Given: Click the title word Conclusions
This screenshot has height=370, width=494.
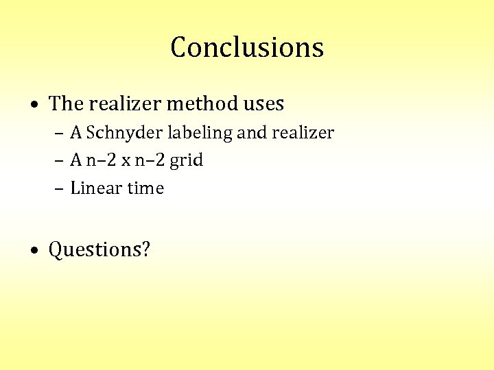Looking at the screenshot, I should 247,47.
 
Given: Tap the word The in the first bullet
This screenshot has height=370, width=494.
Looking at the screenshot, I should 66,103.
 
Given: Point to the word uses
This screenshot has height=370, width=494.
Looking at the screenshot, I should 263,104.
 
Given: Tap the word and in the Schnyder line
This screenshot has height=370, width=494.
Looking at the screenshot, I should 252,132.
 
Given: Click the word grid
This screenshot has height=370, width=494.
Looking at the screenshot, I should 186,161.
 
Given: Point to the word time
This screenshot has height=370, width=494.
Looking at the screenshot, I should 146,188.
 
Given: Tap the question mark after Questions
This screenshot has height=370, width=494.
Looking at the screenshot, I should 145,249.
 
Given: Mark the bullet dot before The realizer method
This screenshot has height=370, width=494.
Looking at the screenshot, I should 34,105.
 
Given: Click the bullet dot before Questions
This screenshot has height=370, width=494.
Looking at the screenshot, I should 34,250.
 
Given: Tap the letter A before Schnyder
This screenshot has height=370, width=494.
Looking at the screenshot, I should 76,132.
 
